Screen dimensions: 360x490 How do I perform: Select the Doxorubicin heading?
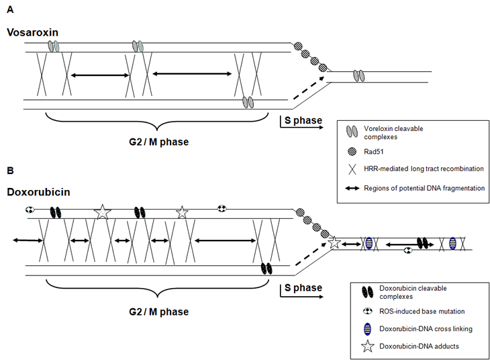(x=36, y=192)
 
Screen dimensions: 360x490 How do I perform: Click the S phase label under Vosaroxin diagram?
(x=301, y=121)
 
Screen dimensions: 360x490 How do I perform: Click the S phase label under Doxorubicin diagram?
(x=301, y=288)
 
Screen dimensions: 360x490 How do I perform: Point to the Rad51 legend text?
(x=373, y=152)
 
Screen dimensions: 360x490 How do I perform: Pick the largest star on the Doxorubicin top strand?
(x=102, y=212)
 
